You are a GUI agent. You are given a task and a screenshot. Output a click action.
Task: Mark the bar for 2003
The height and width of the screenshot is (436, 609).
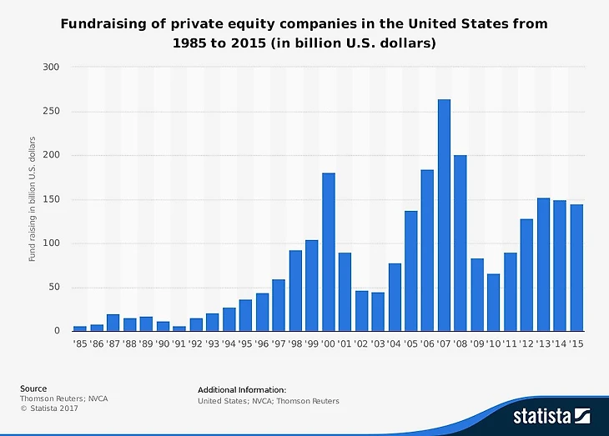(x=378, y=311)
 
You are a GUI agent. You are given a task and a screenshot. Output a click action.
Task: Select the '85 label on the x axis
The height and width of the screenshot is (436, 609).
(x=79, y=343)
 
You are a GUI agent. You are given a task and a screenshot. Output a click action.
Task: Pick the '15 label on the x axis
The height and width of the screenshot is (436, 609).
(x=576, y=343)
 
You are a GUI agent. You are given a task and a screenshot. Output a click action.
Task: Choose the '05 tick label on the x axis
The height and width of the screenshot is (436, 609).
(x=410, y=343)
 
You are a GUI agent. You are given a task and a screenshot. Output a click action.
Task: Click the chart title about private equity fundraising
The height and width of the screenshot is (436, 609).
(x=304, y=33)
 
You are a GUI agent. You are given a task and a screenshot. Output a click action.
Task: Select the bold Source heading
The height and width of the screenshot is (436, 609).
(x=33, y=388)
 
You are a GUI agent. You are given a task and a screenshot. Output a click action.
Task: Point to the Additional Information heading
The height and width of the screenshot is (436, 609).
(x=242, y=389)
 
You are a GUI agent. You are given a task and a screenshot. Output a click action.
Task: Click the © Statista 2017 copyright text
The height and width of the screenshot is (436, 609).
(x=50, y=408)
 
